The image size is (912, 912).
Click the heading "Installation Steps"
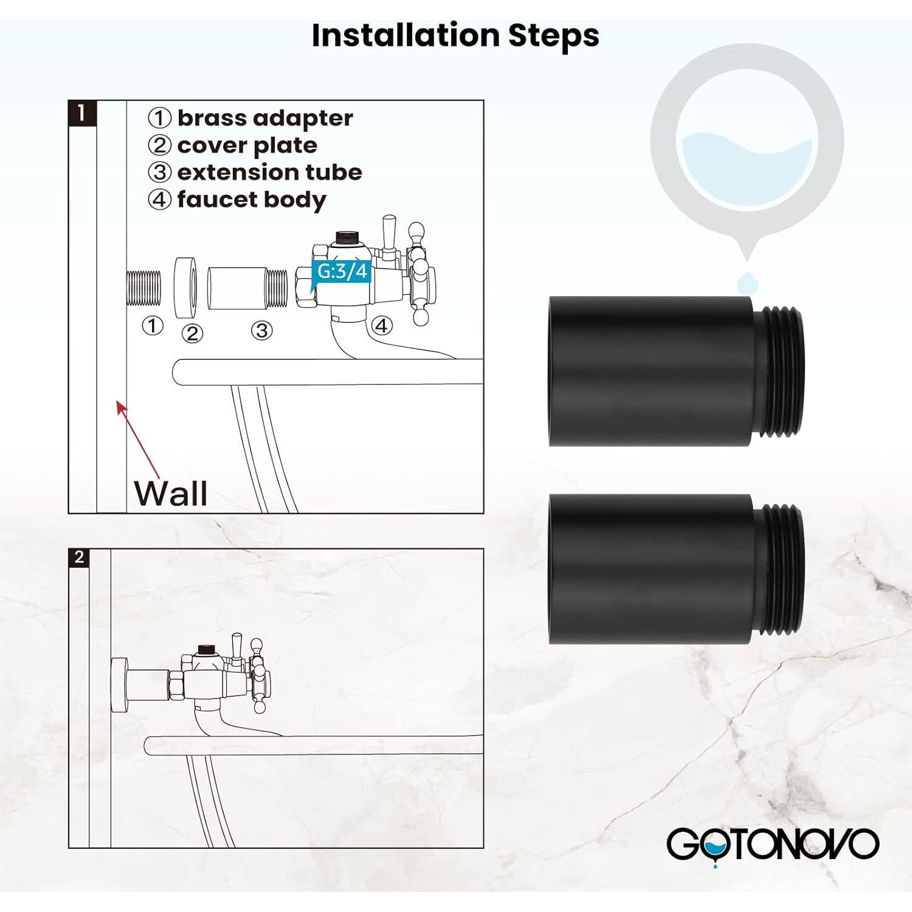[x=455, y=35]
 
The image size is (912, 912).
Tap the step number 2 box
[x=79, y=557]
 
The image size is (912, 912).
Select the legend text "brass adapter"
[x=264, y=118]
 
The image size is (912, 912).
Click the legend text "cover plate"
[x=247, y=145]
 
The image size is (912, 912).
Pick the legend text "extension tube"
[x=269, y=172]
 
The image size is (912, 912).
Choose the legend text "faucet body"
[x=251, y=199]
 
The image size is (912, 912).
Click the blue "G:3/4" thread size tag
[x=342, y=271]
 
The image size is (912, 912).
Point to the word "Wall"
[x=171, y=493]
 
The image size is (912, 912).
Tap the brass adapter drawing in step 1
[x=143, y=288]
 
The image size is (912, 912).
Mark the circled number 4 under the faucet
[x=381, y=326]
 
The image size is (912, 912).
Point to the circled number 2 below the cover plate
[x=193, y=333]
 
